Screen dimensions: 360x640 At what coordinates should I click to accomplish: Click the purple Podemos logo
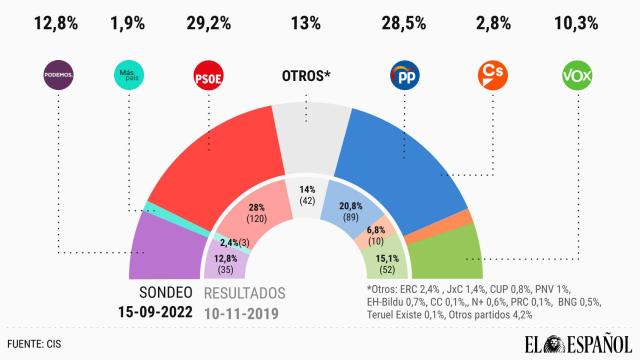pos(58,74)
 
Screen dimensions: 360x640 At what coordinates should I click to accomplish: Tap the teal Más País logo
pos(130,74)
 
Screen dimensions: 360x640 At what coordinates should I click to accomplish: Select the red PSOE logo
pos(208,74)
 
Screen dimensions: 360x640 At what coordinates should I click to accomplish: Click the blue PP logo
pos(404,74)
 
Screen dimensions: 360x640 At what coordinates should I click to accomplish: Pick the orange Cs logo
pos(490,74)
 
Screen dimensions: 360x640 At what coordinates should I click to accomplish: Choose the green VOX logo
pos(578,74)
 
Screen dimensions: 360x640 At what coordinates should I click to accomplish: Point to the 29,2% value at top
pos(208,21)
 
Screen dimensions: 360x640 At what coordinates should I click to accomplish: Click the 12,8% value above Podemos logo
pos(58,21)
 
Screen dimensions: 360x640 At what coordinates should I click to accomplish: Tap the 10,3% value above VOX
pos(578,21)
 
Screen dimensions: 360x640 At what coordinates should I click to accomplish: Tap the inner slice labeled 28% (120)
pos(251,210)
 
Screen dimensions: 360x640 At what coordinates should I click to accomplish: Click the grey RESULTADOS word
pos(246,293)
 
